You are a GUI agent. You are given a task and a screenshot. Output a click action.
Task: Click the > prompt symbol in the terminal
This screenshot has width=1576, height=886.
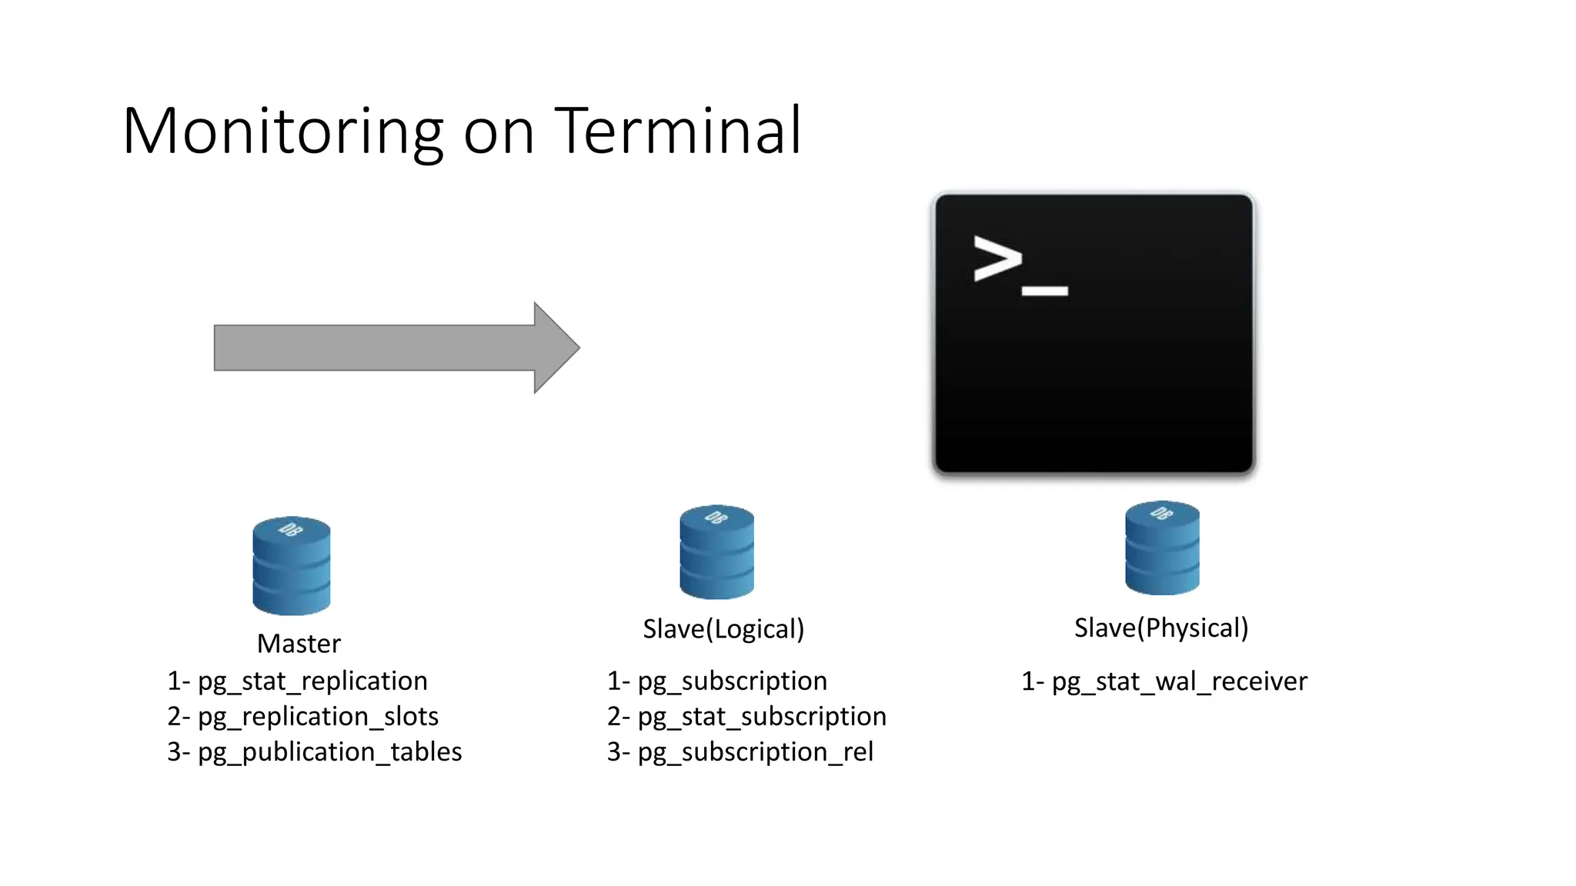click(997, 258)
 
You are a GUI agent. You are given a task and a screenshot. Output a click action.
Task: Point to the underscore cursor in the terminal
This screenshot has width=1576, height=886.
click(1044, 291)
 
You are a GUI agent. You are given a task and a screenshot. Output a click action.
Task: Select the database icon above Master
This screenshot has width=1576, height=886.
click(292, 565)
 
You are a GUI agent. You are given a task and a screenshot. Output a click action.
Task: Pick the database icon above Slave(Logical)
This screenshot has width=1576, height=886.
click(716, 552)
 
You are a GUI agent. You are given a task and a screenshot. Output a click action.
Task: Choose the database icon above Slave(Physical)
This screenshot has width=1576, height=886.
click(1162, 548)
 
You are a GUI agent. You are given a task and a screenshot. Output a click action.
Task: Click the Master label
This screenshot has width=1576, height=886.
click(299, 644)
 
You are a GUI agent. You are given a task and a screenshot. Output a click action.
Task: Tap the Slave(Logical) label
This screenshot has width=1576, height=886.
click(723, 629)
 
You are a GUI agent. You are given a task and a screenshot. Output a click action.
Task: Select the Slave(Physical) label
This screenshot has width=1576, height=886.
click(1161, 628)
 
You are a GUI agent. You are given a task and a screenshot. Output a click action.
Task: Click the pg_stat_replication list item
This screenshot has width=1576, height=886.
click(312, 681)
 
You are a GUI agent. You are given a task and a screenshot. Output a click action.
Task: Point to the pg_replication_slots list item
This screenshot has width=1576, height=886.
click(317, 716)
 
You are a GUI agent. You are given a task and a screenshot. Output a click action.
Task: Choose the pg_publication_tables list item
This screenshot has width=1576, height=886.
click(329, 751)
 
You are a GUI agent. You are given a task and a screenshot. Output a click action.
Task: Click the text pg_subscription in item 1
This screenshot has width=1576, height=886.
click(732, 681)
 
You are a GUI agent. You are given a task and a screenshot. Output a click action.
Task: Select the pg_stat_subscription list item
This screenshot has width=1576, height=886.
click(761, 716)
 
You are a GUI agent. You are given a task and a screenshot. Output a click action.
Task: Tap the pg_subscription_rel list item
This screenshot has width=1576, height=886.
click(755, 751)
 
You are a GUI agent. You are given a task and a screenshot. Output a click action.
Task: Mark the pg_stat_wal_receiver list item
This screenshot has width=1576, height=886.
click(1178, 681)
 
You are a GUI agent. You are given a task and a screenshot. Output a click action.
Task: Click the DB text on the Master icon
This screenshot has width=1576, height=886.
click(291, 529)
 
